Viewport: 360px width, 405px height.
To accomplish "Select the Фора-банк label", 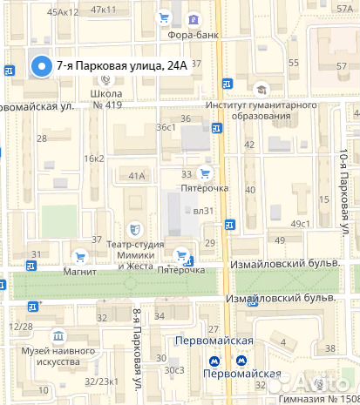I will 194,35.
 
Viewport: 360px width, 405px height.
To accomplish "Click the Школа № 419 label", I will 106,98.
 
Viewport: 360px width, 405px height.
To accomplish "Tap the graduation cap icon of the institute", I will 260,89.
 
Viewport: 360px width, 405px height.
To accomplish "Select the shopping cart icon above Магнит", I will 79,256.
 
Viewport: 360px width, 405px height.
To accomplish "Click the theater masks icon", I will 134,229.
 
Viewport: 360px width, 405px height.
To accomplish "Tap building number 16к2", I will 93,159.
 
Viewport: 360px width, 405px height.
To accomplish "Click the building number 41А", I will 137,176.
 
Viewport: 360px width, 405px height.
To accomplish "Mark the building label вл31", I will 203,210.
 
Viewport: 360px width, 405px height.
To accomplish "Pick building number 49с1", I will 301,224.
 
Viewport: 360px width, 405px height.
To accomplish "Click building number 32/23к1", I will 101,381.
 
